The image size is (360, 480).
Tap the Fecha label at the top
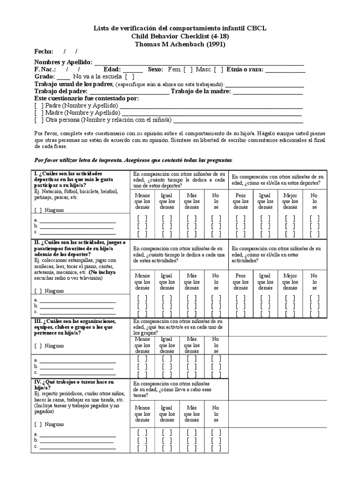[44, 52]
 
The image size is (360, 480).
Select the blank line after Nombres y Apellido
[199, 62]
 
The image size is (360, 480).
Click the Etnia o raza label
[245, 69]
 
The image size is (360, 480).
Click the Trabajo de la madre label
[201, 91]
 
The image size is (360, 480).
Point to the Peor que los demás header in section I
[240, 201]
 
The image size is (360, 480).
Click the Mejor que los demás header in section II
[290, 282]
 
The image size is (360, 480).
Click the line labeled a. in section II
[77, 300]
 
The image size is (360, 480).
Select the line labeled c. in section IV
[77, 447]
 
